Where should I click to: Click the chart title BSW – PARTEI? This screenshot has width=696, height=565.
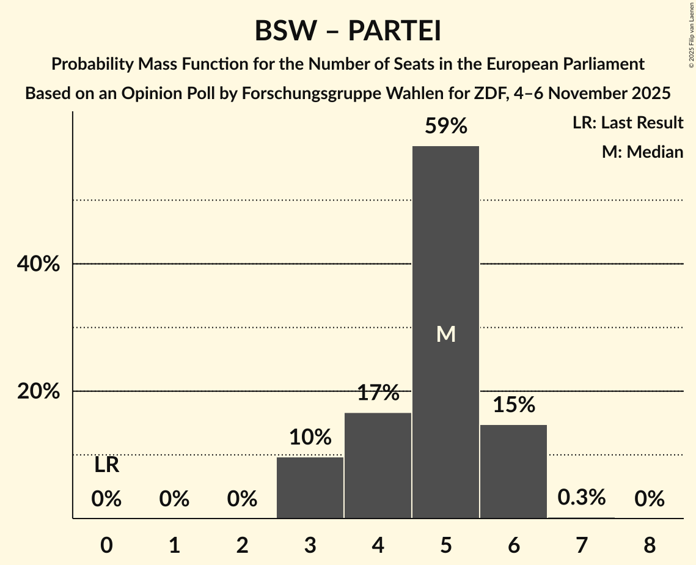[x=348, y=31]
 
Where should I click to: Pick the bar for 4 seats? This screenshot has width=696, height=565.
[x=378, y=465]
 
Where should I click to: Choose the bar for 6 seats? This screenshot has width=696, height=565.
[x=513, y=471]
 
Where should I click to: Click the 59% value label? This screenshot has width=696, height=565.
[x=446, y=127]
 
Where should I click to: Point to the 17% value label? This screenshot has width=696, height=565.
[x=378, y=393]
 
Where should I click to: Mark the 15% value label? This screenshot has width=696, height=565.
[x=513, y=404]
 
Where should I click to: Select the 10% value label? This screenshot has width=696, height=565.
[x=310, y=437]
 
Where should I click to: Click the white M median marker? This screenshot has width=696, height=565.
[x=446, y=334]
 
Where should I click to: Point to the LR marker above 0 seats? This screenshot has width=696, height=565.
[x=106, y=465]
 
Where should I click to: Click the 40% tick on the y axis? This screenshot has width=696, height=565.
[x=38, y=264]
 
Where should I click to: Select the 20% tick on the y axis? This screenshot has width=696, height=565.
[x=38, y=391]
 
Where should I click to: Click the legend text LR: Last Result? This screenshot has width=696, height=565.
[x=628, y=123]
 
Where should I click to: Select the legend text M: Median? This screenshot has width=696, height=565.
[x=642, y=152]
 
